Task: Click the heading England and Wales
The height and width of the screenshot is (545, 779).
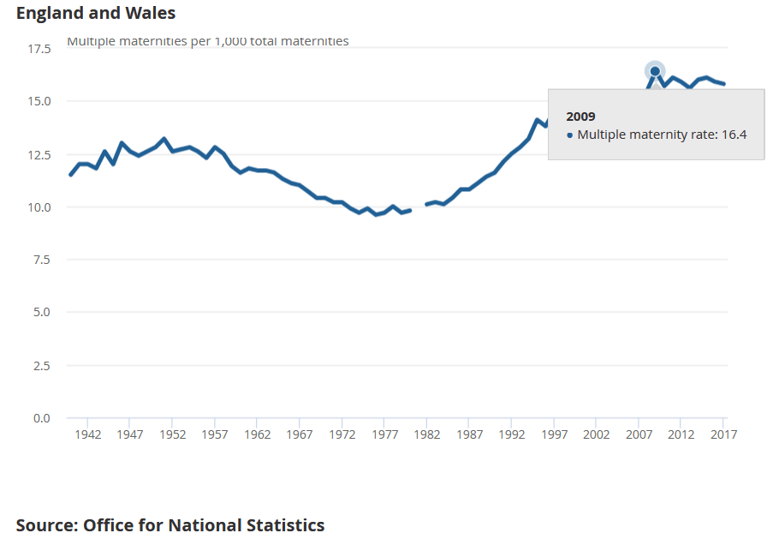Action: click(x=96, y=13)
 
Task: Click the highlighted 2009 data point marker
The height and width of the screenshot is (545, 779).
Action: click(x=655, y=71)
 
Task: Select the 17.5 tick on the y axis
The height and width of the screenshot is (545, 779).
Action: click(x=39, y=49)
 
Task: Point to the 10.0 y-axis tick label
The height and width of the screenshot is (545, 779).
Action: click(x=39, y=207)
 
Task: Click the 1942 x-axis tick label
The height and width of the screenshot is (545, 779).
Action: click(x=87, y=434)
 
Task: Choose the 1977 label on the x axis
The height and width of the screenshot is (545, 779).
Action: click(x=384, y=434)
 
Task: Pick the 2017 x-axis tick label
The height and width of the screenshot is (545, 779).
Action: click(x=723, y=434)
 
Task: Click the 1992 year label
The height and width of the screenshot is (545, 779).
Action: click(x=511, y=434)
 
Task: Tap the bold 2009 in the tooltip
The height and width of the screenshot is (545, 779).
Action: click(x=580, y=117)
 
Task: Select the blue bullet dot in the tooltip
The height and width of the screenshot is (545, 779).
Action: click(x=570, y=135)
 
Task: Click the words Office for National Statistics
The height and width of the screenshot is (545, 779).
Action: click(x=204, y=525)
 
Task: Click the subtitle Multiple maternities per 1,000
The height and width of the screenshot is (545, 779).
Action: click(x=208, y=41)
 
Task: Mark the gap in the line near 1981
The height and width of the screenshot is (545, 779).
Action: click(x=419, y=207)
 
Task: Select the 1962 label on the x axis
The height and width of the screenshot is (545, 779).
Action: click(x=257, y=434)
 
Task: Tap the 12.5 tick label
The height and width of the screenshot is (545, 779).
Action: click(x=39, y=154)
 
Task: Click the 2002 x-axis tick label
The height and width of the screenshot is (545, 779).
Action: click(x=596, y=434)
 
